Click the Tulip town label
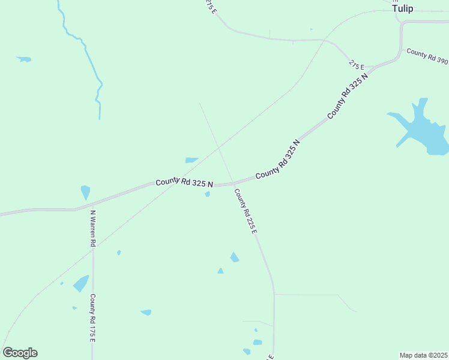click(403, 8)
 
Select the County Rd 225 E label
click(246, 211)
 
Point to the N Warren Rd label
click(93, 229)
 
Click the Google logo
click(20, 353)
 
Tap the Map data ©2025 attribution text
click(423, 355)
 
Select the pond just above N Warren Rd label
click(85, 192)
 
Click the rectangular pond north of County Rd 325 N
click(191, 160)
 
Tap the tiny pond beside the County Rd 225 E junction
click(208, 194)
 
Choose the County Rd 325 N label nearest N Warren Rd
click(184, 183)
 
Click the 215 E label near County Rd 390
click(357, 65)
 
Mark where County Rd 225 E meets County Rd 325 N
click(232, 184)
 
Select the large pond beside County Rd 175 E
click(81, 283)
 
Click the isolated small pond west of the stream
click(24, 59)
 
